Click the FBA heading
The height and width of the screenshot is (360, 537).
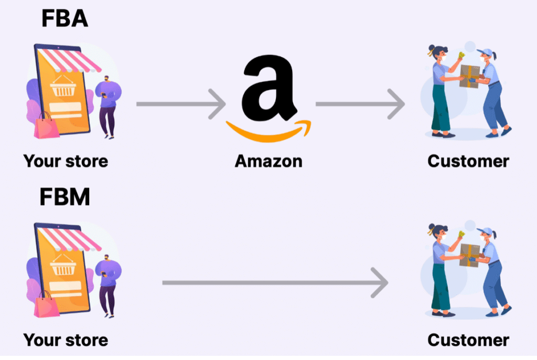click(64, 18)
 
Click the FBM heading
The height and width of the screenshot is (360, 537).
click(65, 197)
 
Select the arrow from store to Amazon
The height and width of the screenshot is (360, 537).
click(181, 104)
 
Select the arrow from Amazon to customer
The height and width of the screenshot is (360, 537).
click(360, 104)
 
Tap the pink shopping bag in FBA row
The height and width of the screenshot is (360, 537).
click(47, 126)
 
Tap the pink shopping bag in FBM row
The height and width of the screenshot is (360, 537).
click(47, 304)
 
